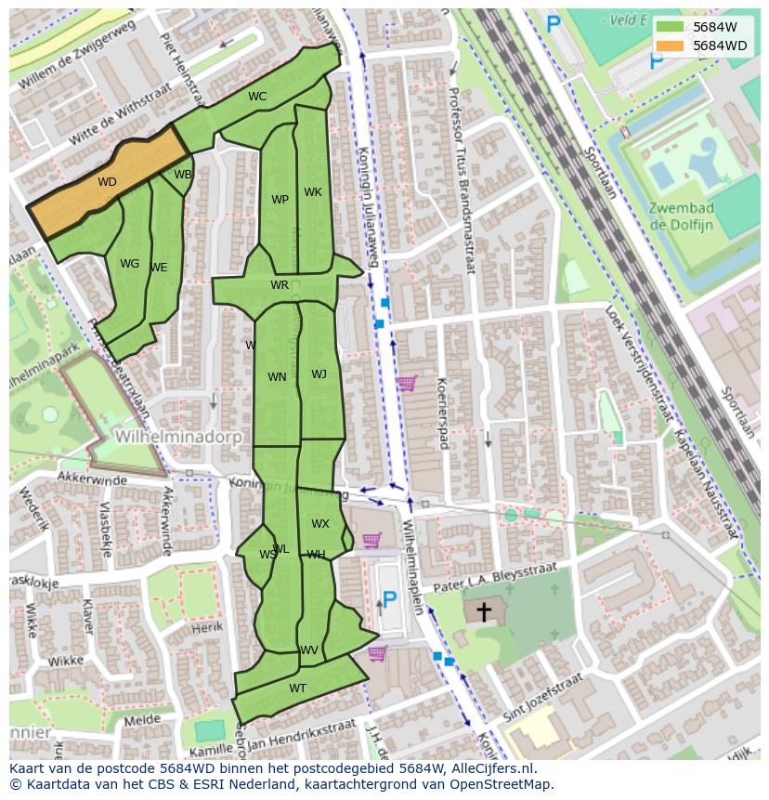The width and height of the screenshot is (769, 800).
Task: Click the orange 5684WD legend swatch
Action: pos(669,45)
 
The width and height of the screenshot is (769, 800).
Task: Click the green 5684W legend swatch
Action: pos(669,27)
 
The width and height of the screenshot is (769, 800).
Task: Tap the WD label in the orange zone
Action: pos(107,182)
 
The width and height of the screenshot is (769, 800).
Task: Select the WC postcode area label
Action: pos(257,97)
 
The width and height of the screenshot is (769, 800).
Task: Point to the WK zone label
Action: pos(313,192)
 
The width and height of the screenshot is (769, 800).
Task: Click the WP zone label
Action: pos(280,200)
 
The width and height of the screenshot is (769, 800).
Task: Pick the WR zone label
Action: pos(280,285)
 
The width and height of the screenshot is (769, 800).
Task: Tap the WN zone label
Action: pos(277,377)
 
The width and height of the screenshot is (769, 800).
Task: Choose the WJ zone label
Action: pos(319,374)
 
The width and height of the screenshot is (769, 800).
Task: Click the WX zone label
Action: pos(319,524)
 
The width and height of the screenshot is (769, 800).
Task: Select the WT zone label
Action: pos(297,689)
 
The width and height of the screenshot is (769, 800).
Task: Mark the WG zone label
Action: pos(129,264)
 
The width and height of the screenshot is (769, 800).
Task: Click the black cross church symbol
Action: pos(484,611)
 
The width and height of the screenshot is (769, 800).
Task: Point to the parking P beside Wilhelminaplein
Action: pos(390,601)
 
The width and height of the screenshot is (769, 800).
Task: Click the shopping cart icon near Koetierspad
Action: pos(406,383)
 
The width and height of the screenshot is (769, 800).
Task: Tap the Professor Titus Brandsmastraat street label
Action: pos(461,181)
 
